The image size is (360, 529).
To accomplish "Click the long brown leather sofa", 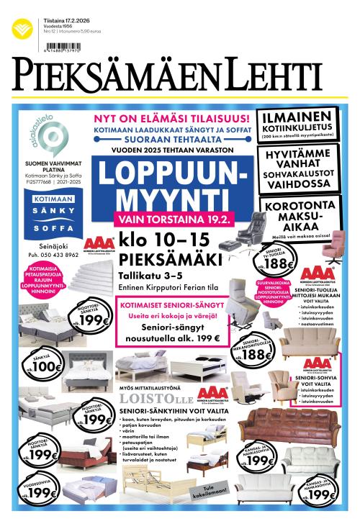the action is coord(289,425).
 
